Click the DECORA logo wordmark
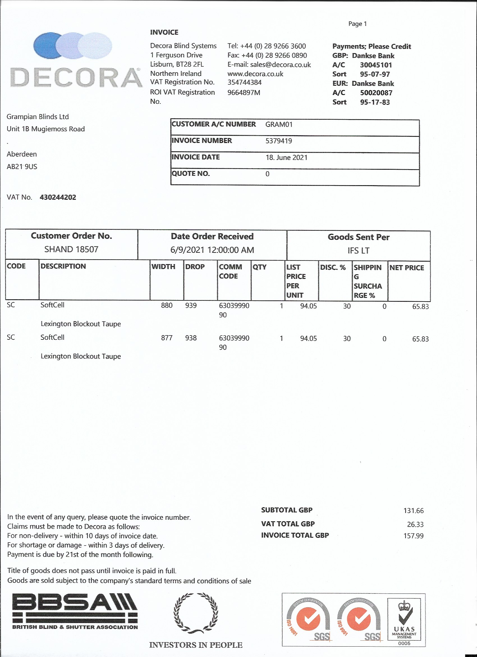[x=76, y=78]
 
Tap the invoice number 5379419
[x=279, y=141]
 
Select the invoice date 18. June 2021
[x=286, y=158]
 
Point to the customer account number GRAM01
[x=279, y=124]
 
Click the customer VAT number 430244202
[x=58, y=197]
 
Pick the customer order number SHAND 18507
[x=71, y=250]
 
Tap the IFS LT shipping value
[x=358, y=251]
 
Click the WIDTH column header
[x=163, y=266]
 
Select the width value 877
[x=167, y=338]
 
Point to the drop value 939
[x=191, y=306]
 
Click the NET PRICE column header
[x=406, y=268]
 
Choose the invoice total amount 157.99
[x=413, y=536]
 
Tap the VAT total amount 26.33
[x=415, y=524]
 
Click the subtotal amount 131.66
[x=413, y=511]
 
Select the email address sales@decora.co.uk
[x=280, y=65]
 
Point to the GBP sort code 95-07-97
[x=375, y=74]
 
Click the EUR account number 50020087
[x=376, y=93]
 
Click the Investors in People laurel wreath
[x=196, y=613]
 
